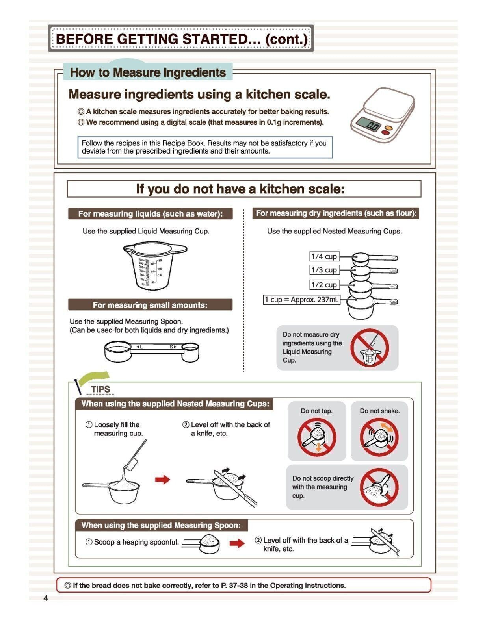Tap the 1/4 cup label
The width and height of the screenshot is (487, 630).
click(324, 256)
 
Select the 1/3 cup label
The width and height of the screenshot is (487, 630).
click(324, 270)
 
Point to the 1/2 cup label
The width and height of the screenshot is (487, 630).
click(324, 285)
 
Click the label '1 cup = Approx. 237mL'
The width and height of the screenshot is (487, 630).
click(301, 300)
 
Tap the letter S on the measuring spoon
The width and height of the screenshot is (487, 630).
click(171, 346)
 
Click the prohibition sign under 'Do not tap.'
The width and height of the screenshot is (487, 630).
click(316, 437)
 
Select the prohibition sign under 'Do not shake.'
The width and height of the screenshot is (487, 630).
click(379, 437)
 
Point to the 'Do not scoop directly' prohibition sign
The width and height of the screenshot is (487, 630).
click(379, 487)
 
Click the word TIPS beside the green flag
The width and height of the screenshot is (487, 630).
click(100, 389)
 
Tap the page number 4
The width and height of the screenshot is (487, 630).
click(46, 598)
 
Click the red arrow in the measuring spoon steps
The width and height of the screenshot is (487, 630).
click(237, 543)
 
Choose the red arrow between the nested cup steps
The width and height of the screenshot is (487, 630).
click(162, 479)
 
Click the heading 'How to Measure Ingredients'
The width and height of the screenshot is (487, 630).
click(148, 72)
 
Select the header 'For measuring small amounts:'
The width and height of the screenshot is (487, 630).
click(150, 305)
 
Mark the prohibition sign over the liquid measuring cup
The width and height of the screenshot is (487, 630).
click(370, 348)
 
